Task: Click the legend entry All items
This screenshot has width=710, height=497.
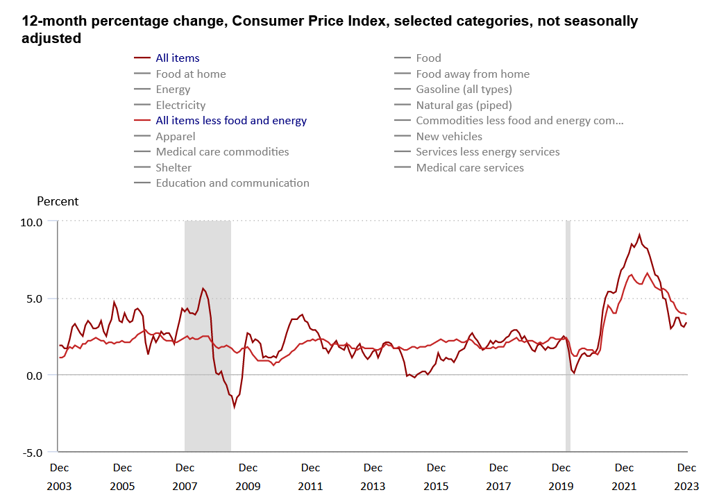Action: click(178, 58)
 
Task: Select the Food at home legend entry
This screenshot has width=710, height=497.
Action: click(191, 74)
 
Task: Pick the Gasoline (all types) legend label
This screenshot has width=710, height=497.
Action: click(464, 90)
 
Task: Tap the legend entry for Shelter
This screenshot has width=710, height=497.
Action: click(174, 167)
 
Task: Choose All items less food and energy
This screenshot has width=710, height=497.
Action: click(231, 121)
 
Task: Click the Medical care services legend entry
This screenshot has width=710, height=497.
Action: click(470, 167)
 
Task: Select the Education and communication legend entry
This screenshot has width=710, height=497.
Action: click(233, 183)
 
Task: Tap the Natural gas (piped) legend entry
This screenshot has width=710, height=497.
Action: click(464, 106)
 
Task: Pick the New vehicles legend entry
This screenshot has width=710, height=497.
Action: click(449, 137)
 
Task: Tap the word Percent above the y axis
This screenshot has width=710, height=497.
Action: click(58, 202)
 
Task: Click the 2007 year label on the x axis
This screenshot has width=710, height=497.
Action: click(185, 487)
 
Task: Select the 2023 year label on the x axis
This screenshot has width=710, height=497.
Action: click(686, 487)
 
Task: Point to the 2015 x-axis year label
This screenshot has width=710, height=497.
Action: click(436, 487)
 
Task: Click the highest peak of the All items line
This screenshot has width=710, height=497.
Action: click(639, 235)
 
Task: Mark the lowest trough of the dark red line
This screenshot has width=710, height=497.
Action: click(235, 407)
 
